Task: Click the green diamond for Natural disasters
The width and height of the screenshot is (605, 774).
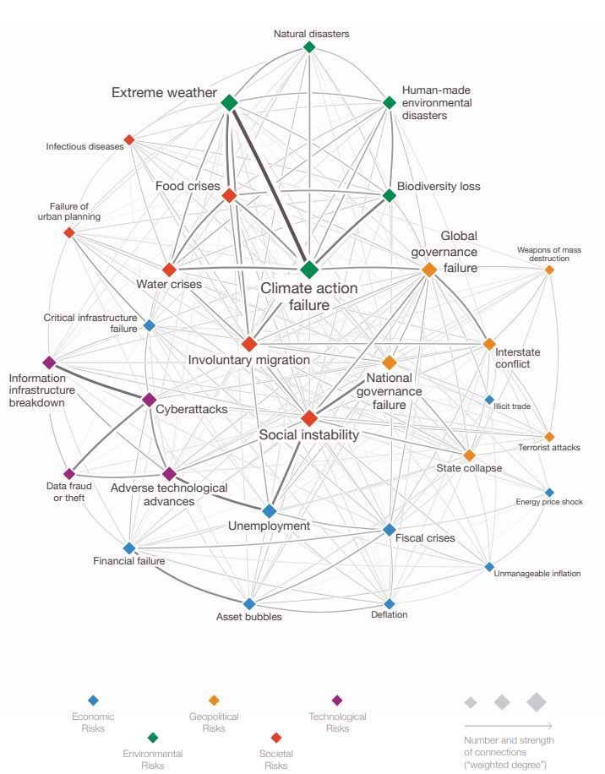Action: (309, 47)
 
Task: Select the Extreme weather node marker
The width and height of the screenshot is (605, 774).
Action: (229, 103)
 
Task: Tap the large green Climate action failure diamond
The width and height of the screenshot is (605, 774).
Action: (309, 270)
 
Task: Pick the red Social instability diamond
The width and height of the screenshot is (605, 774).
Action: (309, 417)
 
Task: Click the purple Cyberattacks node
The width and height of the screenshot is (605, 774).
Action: (150, 400)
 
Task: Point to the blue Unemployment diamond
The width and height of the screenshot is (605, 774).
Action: (270, 510)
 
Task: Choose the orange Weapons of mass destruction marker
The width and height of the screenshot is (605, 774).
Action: (549, 270)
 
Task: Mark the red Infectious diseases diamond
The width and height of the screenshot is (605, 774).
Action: (129, 139)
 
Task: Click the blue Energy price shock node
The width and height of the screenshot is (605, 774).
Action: (549, 493)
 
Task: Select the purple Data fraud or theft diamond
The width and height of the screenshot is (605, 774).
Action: (69, 474)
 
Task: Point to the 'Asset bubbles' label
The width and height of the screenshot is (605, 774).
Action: (249, 617)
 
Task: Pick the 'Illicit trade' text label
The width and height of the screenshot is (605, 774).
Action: (512, 406)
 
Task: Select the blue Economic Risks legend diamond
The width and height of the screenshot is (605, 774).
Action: (94, 700)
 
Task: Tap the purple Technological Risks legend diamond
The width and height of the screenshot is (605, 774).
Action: (337, 700)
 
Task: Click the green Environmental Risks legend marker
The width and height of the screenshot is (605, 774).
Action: (153, 737)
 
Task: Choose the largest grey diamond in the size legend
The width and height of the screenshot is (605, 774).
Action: (537, 701)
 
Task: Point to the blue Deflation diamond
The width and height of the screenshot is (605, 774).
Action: (390, 603)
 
